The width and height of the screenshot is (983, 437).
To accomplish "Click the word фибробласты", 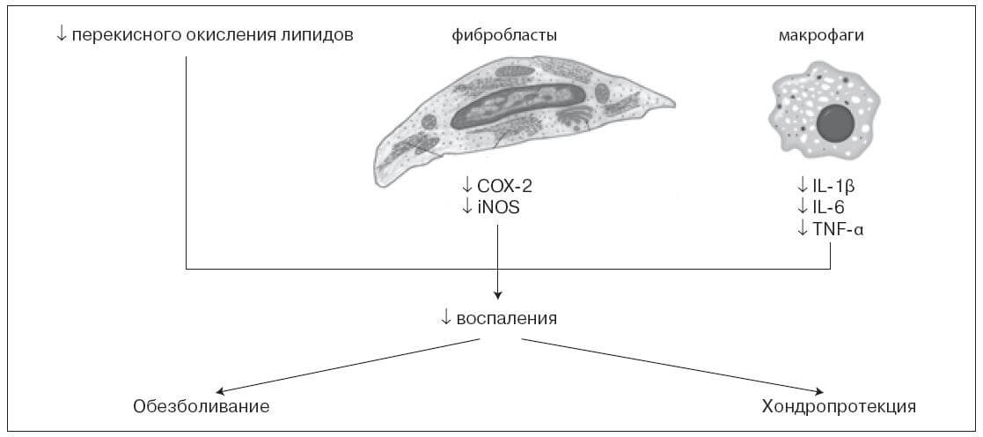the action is pos(504,36).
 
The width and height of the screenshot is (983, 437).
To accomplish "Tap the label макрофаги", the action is pos(820,36).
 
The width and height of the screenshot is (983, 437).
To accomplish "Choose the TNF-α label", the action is pos(838,228).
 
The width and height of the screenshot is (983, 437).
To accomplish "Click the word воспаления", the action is pos(507,318).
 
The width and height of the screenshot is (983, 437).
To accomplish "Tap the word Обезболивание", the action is pos(201,406).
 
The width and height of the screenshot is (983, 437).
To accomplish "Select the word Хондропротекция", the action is pos(839,406).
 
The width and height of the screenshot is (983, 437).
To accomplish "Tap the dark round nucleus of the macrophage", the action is pos(838,122).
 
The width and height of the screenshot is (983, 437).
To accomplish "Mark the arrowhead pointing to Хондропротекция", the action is pos(818,393).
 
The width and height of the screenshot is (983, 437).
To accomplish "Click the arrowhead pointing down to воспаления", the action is pos(497,294).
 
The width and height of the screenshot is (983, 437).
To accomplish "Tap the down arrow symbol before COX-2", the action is pos(466,187).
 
